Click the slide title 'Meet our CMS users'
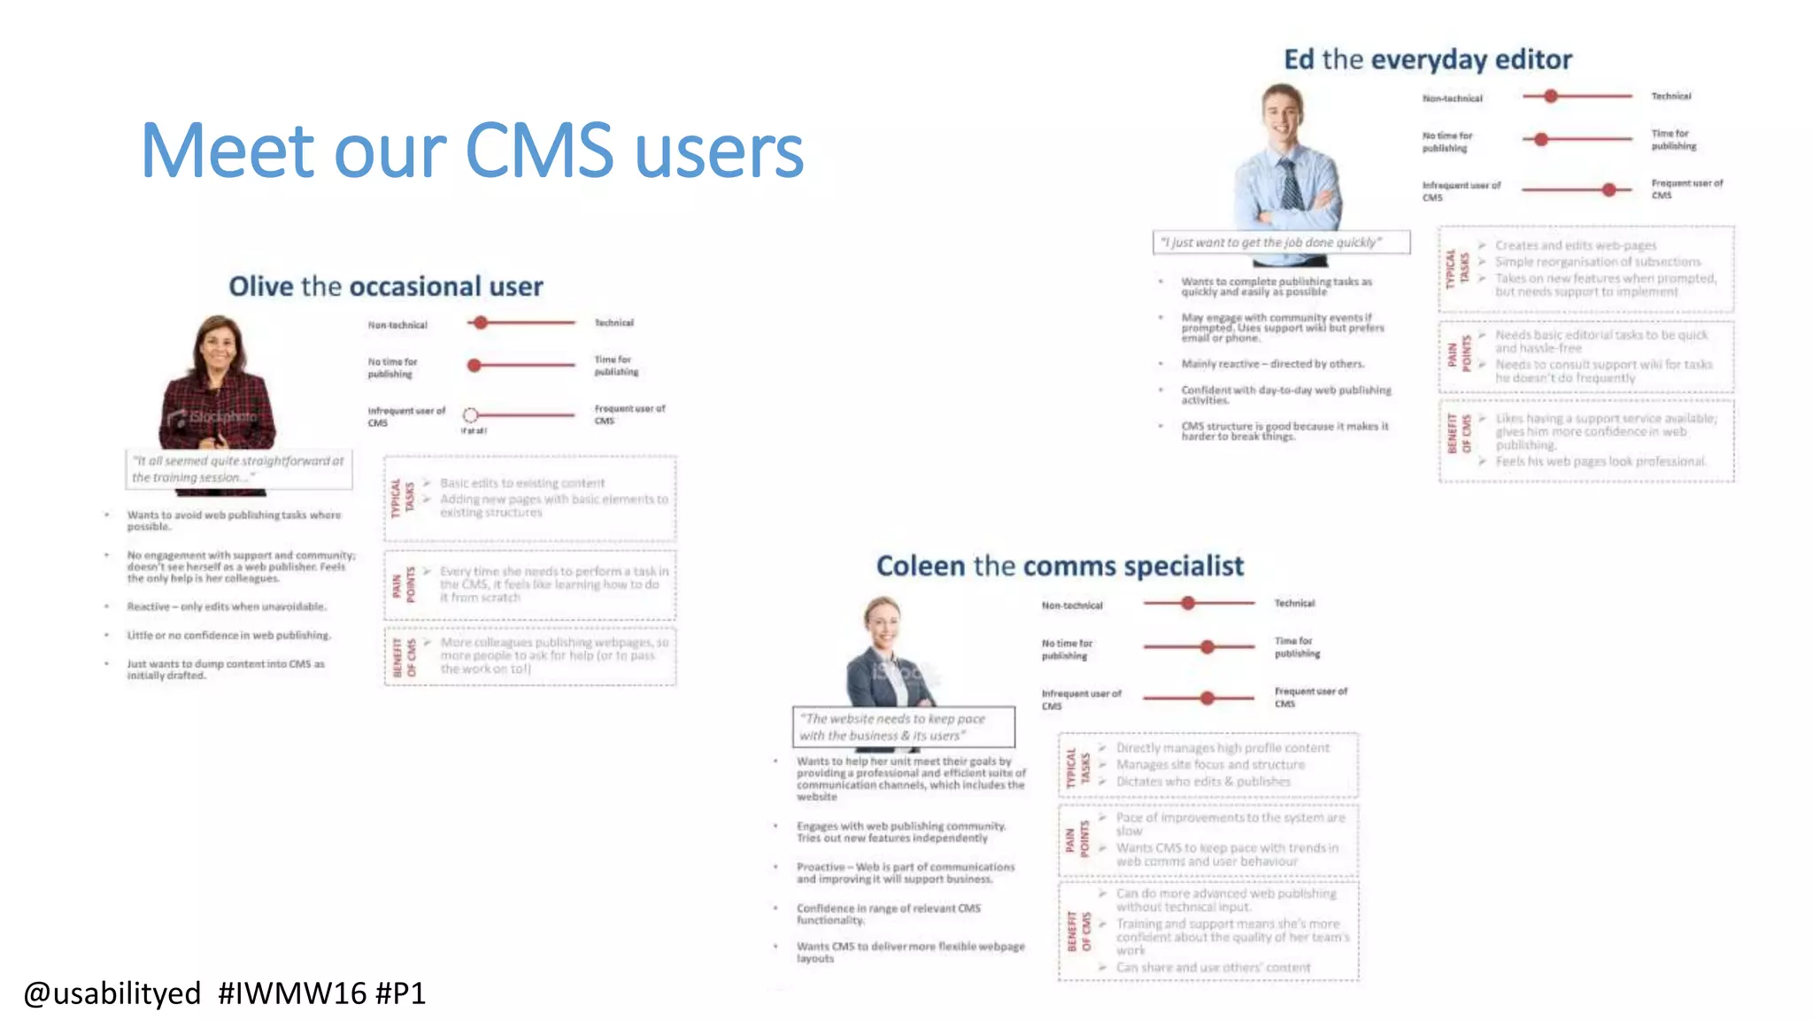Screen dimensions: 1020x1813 coord(472,151)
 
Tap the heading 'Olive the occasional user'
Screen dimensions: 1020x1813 coord(386,287)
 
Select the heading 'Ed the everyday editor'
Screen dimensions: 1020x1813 coord(1428,60)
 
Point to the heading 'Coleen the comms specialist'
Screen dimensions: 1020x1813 coord(1060,567)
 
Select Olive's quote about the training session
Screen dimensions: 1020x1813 coord(238,469)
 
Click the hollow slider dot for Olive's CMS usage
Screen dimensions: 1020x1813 coord(471,415)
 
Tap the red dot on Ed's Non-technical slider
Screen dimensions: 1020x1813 coord(1550,96)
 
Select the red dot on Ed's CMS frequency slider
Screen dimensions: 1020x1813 coord(1609,189)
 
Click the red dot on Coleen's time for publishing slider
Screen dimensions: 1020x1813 coord(1207,647)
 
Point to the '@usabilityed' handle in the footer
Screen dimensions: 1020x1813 coord(112,993)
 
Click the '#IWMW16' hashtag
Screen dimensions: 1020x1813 coord(292,993)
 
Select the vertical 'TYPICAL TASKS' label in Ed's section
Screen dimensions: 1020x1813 coord(1457,267)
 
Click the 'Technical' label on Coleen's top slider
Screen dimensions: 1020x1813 coord(1294,604)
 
